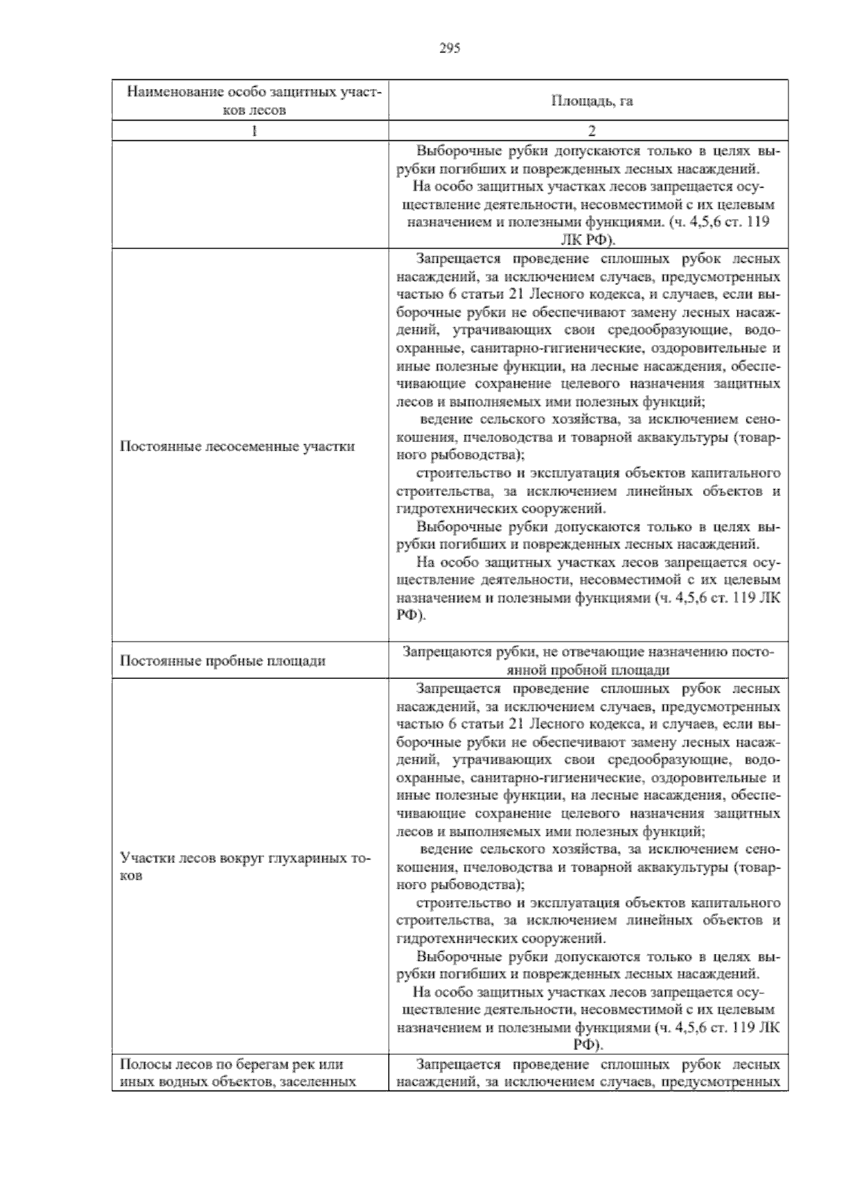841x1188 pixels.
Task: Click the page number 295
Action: [449, 48]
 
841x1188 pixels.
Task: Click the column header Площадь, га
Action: [592, 101]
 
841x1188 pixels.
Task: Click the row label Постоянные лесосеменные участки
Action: [237, 447]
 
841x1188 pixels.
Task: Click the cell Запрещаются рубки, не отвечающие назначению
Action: [589, 660]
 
